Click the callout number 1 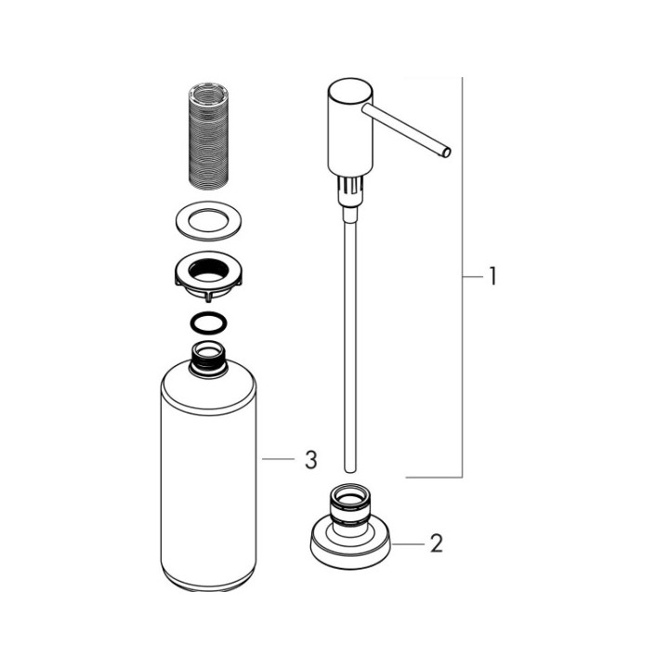[492, 276]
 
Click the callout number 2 [436, 544]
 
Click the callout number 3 [311, 460]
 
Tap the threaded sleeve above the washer [208, 135]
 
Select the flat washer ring [208, 220]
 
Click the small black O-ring [208, 322]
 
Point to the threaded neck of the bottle [208, 360]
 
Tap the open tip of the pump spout [446, 152]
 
